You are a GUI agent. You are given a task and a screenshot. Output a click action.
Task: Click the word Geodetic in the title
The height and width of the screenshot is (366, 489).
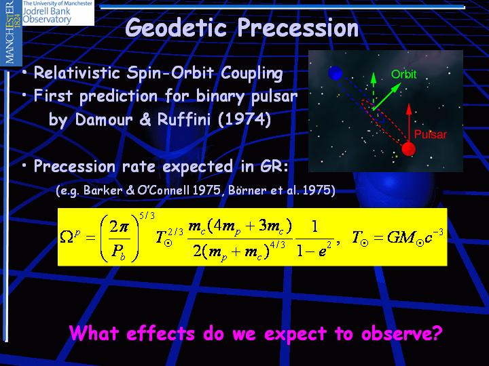coord(176,27)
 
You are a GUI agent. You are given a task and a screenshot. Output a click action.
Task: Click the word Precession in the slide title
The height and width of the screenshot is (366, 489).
coord(298,27)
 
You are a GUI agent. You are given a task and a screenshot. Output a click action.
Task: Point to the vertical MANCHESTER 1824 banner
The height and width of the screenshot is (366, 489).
coord(11,33)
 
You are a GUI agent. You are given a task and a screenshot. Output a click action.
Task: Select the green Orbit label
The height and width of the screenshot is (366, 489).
coord(404,74)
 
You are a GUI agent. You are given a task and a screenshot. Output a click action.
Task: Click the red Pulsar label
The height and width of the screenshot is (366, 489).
coord(431,134)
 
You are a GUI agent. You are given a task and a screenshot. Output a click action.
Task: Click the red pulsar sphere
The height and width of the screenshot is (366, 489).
coord(408,148)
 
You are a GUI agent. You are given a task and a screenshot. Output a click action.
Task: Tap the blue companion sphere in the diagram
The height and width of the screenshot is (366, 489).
coord(336,73)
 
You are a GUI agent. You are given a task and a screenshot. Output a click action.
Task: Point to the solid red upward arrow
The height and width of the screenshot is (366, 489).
coord(409,123)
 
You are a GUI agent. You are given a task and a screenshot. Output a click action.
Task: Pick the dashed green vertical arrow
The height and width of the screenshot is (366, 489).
coord(374,91)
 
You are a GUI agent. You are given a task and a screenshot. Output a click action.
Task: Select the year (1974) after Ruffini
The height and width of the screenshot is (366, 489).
coord(244,119)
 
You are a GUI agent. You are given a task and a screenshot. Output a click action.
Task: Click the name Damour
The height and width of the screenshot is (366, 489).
coord(104,119)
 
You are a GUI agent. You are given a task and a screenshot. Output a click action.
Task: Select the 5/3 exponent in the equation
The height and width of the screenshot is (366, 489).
coord(147,216)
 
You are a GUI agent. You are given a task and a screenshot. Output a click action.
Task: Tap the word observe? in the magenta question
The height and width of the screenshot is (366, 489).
coord(401,333)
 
